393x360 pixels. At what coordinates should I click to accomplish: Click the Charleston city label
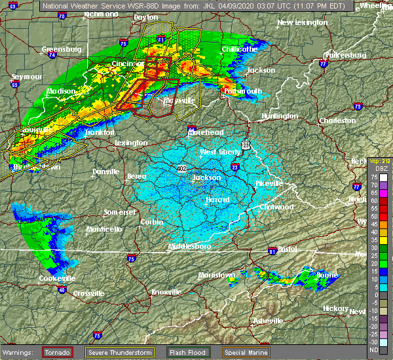pos(337,120)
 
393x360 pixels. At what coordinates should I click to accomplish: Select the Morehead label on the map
pos(206,132)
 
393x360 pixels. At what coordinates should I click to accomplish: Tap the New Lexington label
pos(302,22)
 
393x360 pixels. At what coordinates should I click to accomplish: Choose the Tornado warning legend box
pos(58,352)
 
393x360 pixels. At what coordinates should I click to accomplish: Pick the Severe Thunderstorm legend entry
pos(120,352)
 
